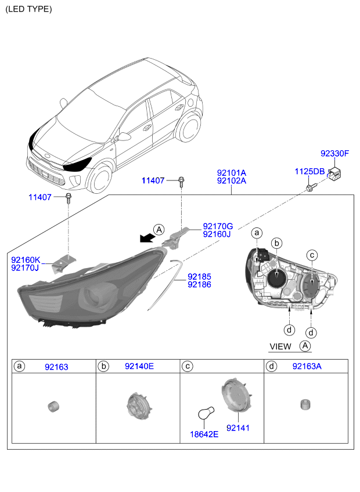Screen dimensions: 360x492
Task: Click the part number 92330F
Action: click(x=334, y=153)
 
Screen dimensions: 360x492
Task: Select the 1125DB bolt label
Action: click(x=309, y=172)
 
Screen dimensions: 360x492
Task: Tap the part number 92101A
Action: click(x=232, y=173)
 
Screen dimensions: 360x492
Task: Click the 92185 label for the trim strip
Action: click(x=199, y=277)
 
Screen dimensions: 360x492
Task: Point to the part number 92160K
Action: click(x=26, y=260)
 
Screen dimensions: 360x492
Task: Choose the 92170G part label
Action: click(x=218, y=226)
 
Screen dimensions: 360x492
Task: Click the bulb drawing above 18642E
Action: click(x=206, y=413)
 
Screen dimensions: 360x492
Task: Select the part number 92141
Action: click(x=238, y=428)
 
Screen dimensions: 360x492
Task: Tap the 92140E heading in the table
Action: click(x=139, y=366)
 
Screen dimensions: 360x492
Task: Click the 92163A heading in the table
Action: click(x=307, y=366)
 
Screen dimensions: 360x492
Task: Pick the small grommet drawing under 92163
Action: click(x=53, y=406)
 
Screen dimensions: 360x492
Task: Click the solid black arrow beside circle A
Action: click(x=147, y=238)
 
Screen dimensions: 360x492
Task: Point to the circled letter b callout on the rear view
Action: click(x=277, y=243)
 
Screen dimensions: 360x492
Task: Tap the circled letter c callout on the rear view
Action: click(x=312, y=255)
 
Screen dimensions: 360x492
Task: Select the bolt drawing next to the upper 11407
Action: click(x=181, y=182)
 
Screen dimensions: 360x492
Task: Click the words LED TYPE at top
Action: click(x=28, y=9)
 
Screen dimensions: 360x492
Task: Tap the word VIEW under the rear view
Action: click(x=280, y=347)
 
